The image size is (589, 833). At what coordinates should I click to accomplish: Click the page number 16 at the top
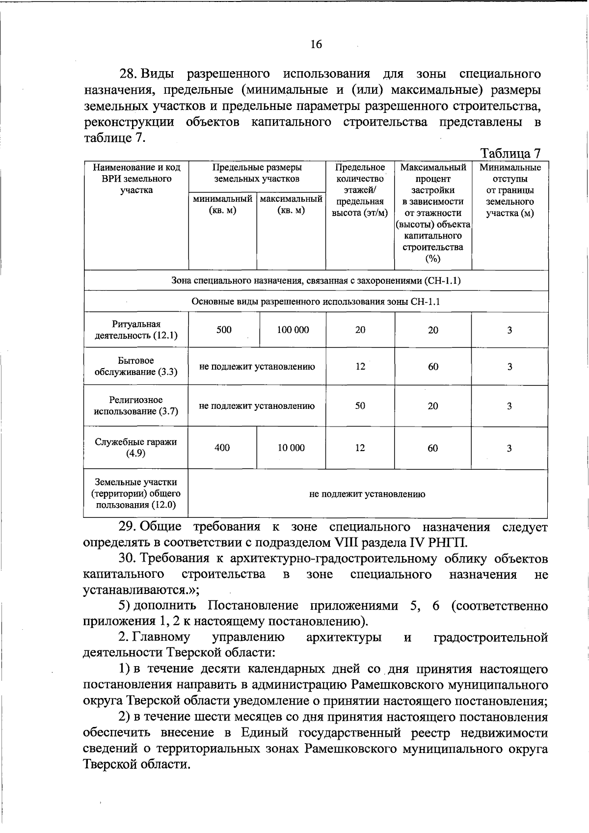tap(316, 45)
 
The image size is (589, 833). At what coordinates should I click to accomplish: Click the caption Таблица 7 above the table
tap(510, 153)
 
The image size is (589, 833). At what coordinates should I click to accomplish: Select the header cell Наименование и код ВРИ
tap(136, 179)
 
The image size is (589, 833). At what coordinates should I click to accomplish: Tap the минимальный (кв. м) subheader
tap(222, 205)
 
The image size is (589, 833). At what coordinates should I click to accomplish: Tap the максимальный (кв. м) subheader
tap(291, 205)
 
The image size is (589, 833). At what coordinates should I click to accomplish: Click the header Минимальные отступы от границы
tap(510, 190)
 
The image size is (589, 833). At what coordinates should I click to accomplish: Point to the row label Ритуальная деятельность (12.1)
tap(135, 330)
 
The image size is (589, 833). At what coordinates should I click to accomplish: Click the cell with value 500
tap(224, 330)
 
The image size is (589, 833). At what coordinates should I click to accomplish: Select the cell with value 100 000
tap(293, 330)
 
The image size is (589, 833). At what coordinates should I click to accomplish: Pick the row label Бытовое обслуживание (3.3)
tap(135, 366)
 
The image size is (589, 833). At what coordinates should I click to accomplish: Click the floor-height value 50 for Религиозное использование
tap(360, 406)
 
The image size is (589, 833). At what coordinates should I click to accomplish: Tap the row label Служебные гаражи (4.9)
tap(135, 447)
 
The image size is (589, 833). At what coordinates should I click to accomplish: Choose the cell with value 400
tap(222, 448)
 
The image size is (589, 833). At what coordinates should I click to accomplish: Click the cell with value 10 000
tap(291, 448)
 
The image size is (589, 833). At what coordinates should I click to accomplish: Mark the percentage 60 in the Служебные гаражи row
tap(432, 448)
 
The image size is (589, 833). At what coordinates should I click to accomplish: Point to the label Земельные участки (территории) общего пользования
tap(135, 494)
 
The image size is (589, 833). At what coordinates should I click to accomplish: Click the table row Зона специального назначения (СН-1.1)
tap(316, 281)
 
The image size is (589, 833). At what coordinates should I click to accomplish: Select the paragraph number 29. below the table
tap(128, 527)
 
